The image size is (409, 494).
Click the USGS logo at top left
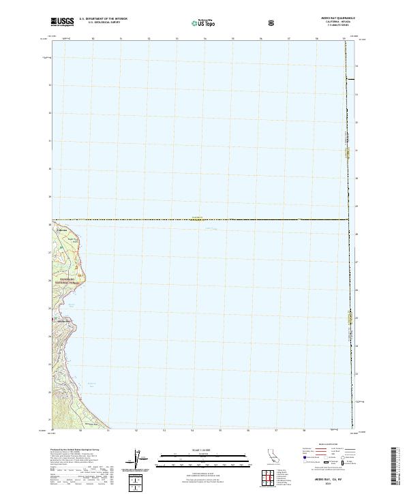tap(63, 22)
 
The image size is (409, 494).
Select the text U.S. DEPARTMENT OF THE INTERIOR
tap(104, 19)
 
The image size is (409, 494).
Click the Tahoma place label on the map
tap(62, 230)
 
